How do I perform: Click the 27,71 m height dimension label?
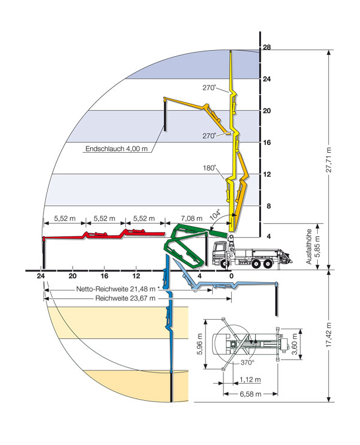pyautogui.click(x=329, y=160)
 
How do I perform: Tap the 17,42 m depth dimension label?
pyautogui.click(x=329, y=335)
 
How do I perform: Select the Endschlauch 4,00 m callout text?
pyautogui.click(x=116, y=149)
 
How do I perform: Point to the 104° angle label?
pyautogui.click(x=215, y=215)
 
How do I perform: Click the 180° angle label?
pyautogui.click(x=209, y=168)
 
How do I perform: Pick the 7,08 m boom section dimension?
pyautogui.click(x=191, y=218)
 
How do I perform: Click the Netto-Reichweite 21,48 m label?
pyautogui.click(x=116, y=289)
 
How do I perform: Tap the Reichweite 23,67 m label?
pyautogui.click(x=125, y=298)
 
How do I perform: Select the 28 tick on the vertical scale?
pyautogui.click(x=267, y=47)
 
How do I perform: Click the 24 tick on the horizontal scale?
pyautogui.click(x=41, y=276)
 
